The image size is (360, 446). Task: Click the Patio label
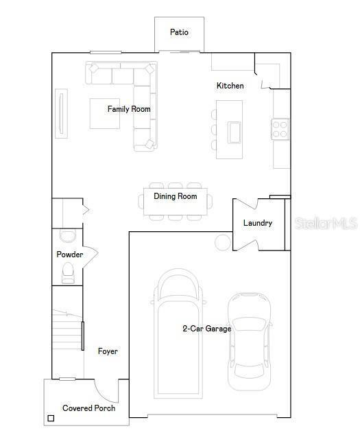tap(179, 32)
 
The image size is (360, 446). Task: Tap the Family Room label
tap(129, 109)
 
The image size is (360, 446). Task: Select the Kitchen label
tap(230, 86)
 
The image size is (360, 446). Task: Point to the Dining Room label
tap(175, 196)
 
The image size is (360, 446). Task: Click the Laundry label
tap(258, 223)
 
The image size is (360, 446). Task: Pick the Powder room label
tap(69, 255)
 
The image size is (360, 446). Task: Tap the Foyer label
tap(108, 351)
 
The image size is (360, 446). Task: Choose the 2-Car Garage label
tap(206, 329)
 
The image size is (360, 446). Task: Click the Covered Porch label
tap(88, 408)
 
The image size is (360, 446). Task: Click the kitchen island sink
tap(235, 130)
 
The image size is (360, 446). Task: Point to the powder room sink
tap(68, 236)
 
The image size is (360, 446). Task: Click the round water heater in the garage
tap(223, 242)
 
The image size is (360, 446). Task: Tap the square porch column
tap(51, 418)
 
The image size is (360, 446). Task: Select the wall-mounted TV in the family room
tap(61, 113)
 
